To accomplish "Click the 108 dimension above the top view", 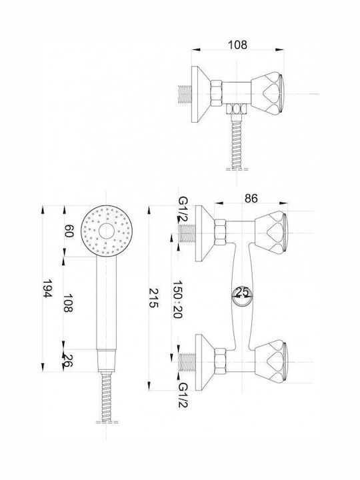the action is [x=237, y=45].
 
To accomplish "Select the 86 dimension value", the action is [x=251, y=199].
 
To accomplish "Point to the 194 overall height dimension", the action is [x=47, y=289].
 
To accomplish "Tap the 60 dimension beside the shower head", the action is [x=69, y=231].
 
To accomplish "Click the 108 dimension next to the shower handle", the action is [x=69, y=303].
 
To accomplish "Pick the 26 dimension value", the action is [x=68, y=360].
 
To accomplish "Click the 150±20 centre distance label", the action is [x=177, y=299].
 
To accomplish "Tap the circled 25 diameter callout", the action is [x=242, y=297].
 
